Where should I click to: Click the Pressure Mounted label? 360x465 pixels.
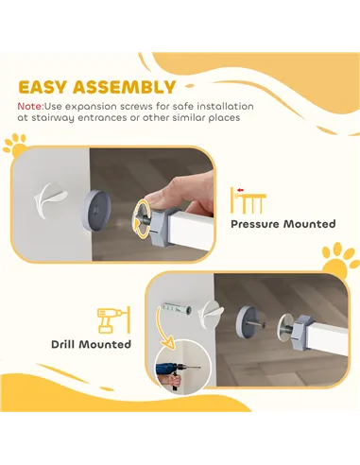coord(283,225)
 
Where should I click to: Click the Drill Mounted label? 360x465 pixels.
coord(92,344)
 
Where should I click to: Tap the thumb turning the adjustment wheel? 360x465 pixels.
coord(163,197)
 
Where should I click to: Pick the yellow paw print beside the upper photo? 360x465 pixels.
coord(15,146)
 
